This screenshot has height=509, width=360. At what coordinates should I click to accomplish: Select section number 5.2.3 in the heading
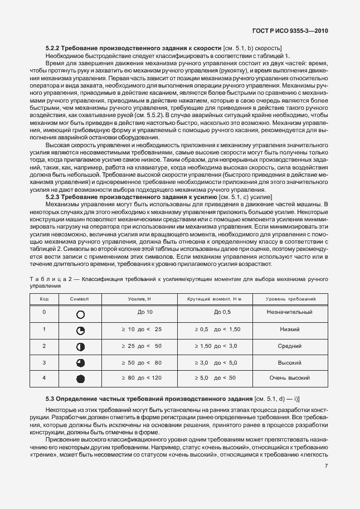click(x=53, y=196)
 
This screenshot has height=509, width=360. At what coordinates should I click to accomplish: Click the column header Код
click(x=44, y=299)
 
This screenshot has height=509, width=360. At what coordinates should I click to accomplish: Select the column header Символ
click(x=80, y=299)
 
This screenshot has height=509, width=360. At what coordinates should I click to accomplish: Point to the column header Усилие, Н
click(x=141, y=299)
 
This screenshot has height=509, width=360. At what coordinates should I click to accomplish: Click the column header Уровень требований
click(x=289, y=299)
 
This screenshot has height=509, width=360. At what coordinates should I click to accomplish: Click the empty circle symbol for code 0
click(x=80, y=313)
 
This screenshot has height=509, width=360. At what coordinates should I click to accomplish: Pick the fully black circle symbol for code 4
click(x=80, y=379)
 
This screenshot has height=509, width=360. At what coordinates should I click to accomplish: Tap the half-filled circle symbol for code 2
click(x=80, y=347)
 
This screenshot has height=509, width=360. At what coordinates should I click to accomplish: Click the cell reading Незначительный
click(x=289, y=312)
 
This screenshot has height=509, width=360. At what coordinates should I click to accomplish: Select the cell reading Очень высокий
click(x=289, y=378)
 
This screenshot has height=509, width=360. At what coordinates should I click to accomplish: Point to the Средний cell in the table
click(x=289, y=346)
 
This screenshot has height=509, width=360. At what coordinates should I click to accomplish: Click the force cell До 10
click(x=141, y=312)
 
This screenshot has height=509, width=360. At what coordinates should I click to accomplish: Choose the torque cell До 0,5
click(x=222, y=312)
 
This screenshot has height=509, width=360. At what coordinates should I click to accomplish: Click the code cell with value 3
click(x=44, y=362)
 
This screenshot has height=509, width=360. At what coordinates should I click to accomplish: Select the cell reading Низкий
click(x=289, y=329)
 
